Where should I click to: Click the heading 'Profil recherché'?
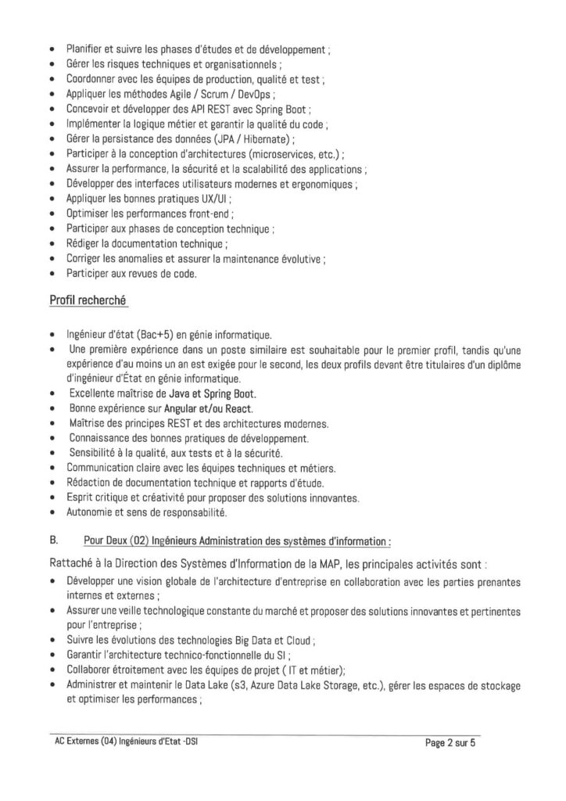coord(89,300)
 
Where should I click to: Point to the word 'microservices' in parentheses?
coord(282,154)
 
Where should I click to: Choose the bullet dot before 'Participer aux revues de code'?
coord(52,273)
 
